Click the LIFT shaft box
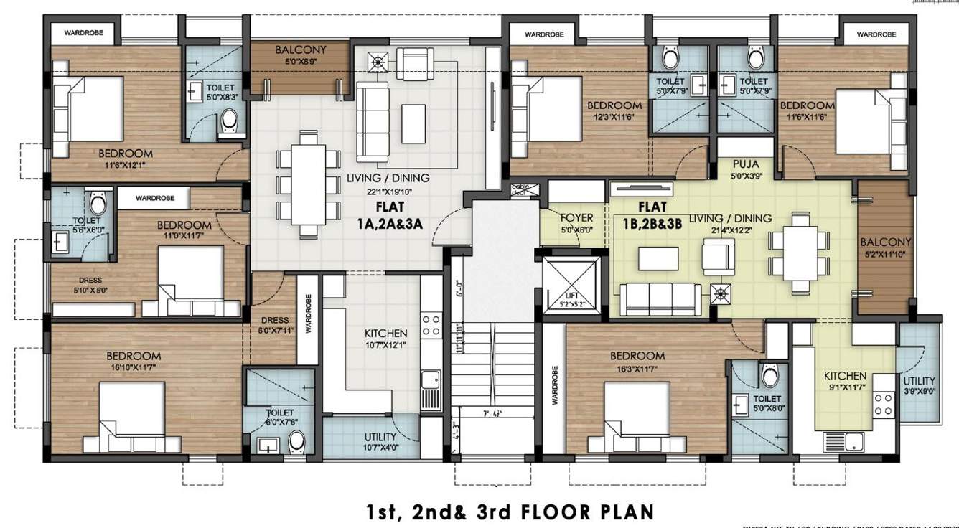(571, 286)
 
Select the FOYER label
(576, 217)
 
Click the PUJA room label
(746, 164)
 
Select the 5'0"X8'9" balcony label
(301, 62)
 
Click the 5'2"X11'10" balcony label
(885, 254)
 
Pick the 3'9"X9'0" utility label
(920, 392)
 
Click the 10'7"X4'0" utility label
(380, 448)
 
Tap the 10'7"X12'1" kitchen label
(385, 346)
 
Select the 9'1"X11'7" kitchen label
(845, 388)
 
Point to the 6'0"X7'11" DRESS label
(275, 331)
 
